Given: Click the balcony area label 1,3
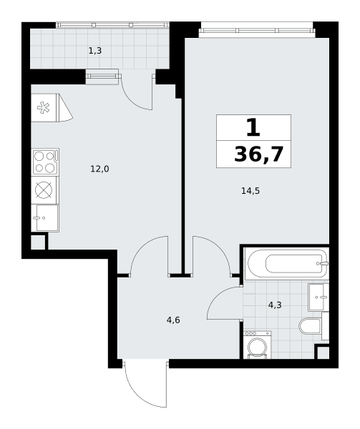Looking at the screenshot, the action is tap(95, 51).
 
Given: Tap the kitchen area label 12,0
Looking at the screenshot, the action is tap(99, 169).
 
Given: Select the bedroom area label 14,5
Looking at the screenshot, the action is tap(250, 191).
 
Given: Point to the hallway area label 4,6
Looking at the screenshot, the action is tap(173, 320).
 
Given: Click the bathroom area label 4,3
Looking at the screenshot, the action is tap(275, 305).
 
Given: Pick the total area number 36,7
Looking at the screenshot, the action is tap(258, 154).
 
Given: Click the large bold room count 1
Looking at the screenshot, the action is tap(253, 127).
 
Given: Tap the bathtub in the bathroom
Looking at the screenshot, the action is tap(286, 264).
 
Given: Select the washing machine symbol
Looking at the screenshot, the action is tap(257, 345).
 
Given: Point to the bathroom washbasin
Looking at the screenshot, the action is tap(318, 297).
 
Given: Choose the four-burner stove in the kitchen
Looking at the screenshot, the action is tap(45, 162).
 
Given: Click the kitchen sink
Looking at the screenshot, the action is tap(45, 218).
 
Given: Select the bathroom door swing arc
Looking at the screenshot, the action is tap(219, 297).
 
